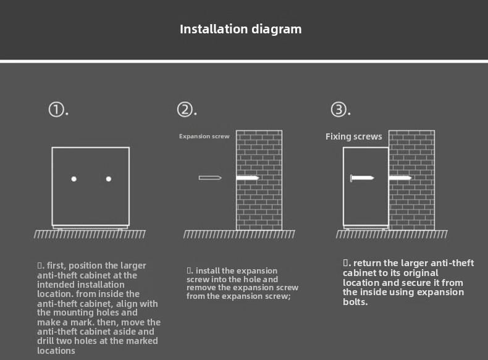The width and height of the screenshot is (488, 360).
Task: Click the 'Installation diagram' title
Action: (240, 29)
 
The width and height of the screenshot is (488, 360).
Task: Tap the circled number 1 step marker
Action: (56, 109)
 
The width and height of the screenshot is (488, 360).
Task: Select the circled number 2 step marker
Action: (185, 109)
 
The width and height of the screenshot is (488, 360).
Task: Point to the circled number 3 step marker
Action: (339, 109)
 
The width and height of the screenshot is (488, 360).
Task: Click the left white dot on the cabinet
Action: (74, 179)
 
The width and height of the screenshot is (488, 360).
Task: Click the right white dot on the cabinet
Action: (109, 179)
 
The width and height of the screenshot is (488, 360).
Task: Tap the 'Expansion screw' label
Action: (204, 136)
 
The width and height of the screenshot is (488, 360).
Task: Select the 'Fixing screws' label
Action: (353, 136)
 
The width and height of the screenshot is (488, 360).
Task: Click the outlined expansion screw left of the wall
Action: (210, 178)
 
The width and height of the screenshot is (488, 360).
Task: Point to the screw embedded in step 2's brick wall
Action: (248, 178)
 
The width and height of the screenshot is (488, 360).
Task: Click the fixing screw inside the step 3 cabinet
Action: (362, 178)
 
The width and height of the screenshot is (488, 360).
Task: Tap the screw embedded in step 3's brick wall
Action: (400, 178)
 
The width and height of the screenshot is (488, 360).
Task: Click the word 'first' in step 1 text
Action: (56, 266)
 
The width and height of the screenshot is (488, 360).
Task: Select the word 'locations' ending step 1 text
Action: (56, 351)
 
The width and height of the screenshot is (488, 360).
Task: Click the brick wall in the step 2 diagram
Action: (259, 180)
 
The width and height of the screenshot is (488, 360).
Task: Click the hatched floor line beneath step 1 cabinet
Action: (90, 234)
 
